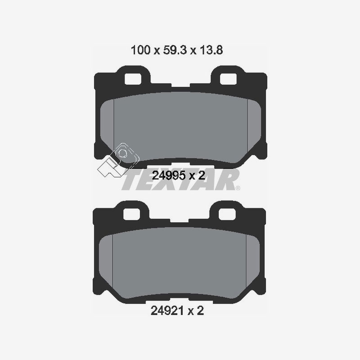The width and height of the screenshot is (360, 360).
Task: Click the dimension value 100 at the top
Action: click(x=140, y=50)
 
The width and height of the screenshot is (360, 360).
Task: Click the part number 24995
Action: click(x=167, y=176)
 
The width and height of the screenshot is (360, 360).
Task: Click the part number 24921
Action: click(x=167, y=310)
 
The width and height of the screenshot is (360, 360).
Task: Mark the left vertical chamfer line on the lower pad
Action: click(x=114, y=261)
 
